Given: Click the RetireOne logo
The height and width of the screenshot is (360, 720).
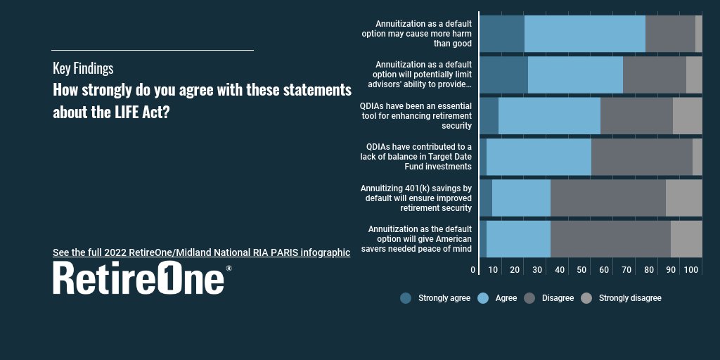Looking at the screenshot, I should tap(139, 278).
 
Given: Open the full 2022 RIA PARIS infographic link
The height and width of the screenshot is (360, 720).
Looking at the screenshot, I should tap(201, 252).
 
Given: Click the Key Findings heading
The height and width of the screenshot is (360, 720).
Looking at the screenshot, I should tap(83, 68).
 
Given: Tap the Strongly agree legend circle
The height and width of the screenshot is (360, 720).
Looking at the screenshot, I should tap(406, 298).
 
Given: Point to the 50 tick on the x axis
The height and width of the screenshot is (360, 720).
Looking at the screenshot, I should tap(582, 270).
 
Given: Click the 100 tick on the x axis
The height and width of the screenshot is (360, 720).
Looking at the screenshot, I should tap(691, 270).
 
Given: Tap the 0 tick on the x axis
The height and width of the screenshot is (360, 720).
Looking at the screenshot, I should tap(473, 270).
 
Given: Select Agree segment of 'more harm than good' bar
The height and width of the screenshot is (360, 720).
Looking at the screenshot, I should tap(584, 33).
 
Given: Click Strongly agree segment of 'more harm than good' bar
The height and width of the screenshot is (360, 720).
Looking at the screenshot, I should tap(501, 33).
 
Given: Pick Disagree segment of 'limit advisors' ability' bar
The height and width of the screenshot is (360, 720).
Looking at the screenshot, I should tap(654, 75).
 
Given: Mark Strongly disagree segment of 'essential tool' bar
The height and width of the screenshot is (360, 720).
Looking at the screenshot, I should tap(687, 115).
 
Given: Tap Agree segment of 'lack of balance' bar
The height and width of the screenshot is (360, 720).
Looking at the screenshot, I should tap(539, 156).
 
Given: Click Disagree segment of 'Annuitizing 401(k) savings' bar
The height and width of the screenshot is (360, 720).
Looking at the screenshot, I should tap(607, 198).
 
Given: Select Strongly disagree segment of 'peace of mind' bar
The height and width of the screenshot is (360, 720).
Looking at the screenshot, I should tap(686, 239).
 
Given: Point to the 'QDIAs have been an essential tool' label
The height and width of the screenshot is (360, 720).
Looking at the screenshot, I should tap(416, 115).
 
